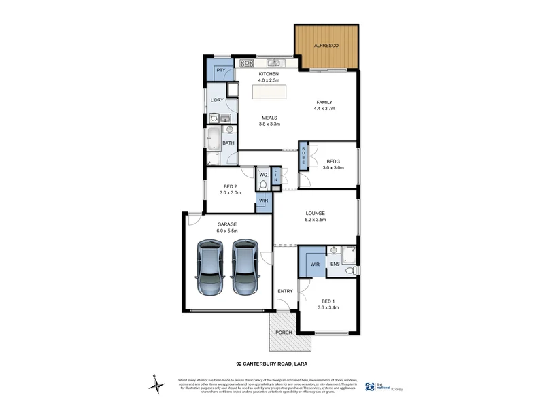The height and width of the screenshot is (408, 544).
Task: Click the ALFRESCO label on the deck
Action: pos(326,46)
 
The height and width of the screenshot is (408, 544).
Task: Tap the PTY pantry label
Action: pos(220,70)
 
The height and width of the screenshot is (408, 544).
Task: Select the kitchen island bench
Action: pos(270,91)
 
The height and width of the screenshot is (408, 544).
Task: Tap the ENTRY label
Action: pos(286,291)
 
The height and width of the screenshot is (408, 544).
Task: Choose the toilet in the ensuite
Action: pos(349,271)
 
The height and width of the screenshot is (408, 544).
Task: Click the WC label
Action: pos(262,175)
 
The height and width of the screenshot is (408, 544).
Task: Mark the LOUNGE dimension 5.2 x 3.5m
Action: pos(315,219)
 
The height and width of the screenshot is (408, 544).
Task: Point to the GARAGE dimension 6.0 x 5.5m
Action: pos(226,231)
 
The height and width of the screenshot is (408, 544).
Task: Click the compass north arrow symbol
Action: pos(158,385)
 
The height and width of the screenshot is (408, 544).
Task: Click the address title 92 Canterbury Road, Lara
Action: pos(271,364)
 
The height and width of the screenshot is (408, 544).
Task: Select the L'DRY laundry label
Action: pos(217,101)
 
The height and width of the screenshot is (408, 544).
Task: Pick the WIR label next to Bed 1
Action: pos(315,263)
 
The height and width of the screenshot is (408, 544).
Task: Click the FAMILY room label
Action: pos(324,102)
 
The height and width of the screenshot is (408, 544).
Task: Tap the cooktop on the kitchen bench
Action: pos(245,63)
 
